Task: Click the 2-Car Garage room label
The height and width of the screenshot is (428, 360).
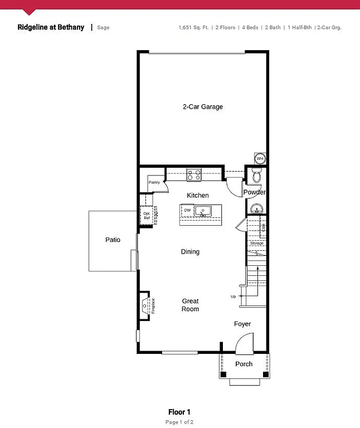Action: (x=203, y=106)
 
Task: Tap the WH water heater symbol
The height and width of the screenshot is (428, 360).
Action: (x=260, y=159)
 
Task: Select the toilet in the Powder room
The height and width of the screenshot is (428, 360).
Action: (x=256, y=176)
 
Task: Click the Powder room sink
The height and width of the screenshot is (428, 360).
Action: (x=256, y=208)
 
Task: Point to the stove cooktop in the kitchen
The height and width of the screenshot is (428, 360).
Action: (x=193, y=175)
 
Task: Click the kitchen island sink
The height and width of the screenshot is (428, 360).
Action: (x=202, y=211)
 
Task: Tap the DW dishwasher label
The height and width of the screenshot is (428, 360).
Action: (x=187, y=211)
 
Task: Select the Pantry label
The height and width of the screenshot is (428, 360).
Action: (x=154, y=182)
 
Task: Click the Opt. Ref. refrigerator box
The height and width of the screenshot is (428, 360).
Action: (x=147, y=216)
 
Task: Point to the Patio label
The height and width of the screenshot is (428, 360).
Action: (x=113, y=240)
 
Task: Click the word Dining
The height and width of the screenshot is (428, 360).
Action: (x=190, y=252)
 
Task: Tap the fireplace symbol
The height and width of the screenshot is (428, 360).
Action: (x=146, y=305)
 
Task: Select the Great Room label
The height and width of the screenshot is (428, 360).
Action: (x=190, y=305)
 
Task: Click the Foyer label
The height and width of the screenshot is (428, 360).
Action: (x=242, y=324)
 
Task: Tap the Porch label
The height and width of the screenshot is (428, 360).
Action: (x=244, y=364)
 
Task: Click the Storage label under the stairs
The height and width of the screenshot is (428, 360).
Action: (x=256, y=244)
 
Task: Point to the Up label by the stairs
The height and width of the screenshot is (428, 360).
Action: (x=233, y=296)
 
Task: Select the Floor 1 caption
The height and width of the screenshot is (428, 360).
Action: (x=179, y=412)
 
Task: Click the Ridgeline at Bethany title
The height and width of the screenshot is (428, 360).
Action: (x=51, y=27)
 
